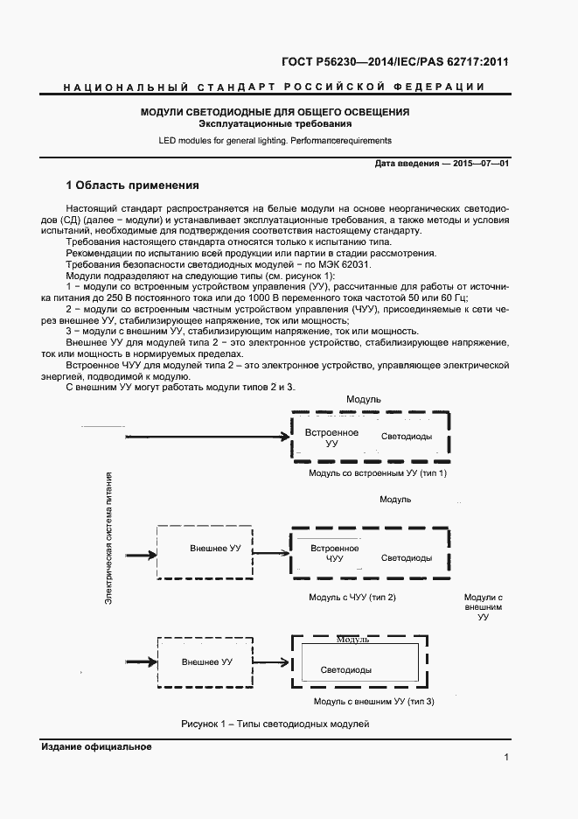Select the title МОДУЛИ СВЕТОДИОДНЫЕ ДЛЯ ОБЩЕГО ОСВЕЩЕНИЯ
point(275,112)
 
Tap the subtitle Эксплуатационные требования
point(275,124)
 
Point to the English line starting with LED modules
point(275,140)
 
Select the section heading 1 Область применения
point(133,185)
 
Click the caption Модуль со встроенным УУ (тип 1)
point(378,473)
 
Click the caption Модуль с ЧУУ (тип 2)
point(353,597)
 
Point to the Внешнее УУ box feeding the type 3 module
point(206,662)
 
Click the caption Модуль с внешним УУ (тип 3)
point(373,702)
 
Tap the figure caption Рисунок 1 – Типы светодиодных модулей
point(275,724)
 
